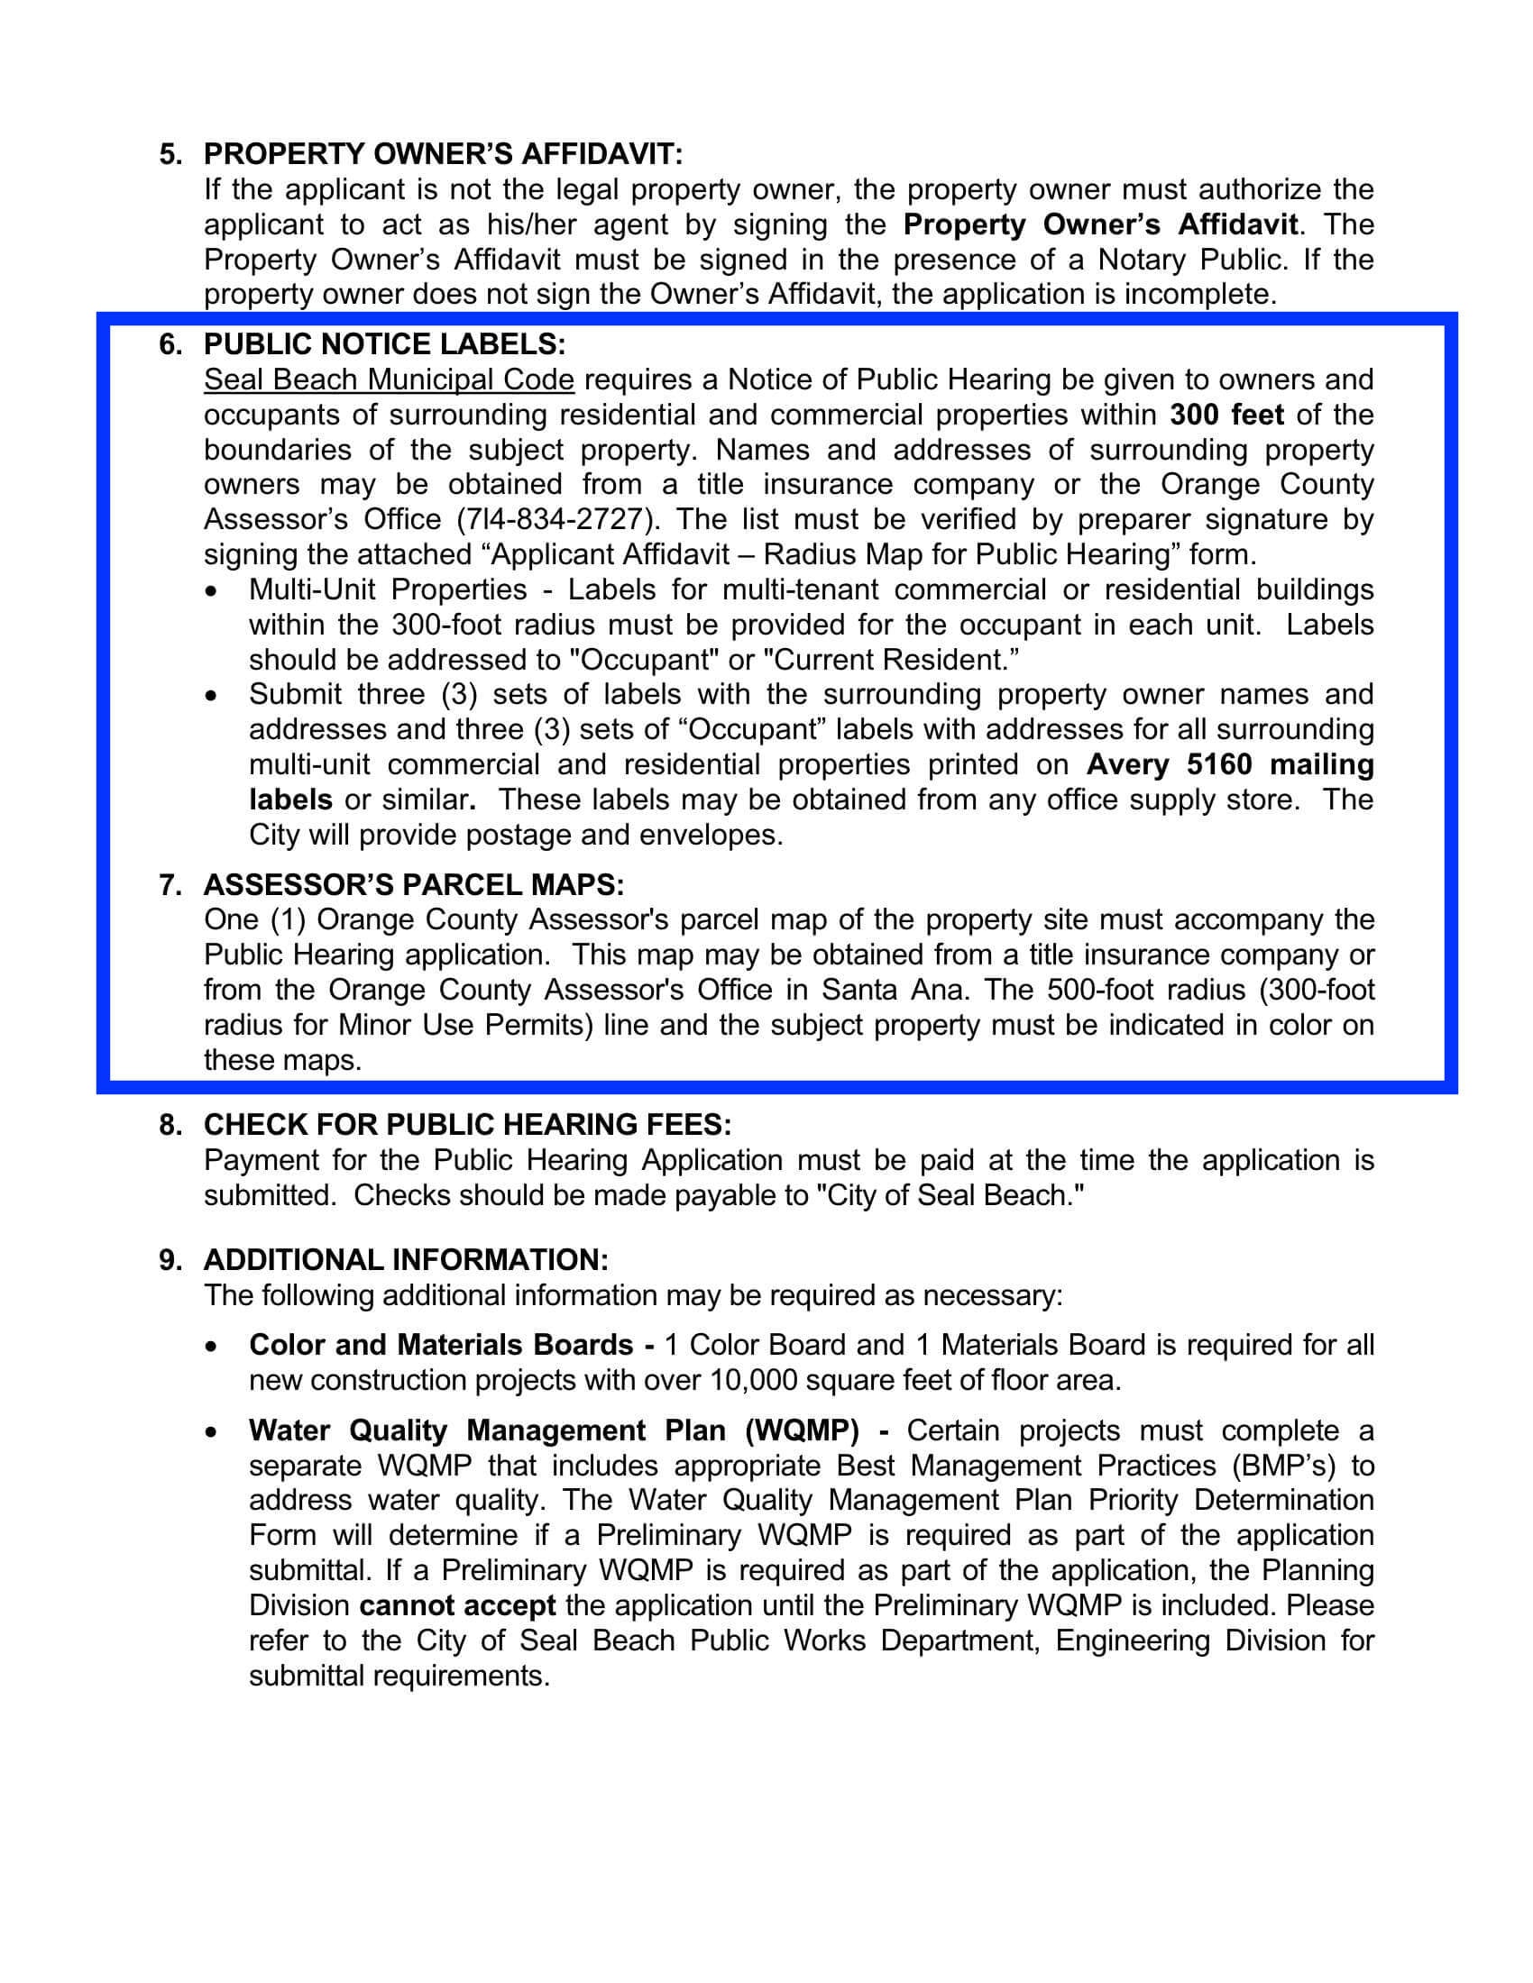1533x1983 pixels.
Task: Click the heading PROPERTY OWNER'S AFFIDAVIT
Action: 442,154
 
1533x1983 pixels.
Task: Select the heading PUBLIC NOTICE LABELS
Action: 384,344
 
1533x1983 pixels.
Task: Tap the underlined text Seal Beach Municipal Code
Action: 389,379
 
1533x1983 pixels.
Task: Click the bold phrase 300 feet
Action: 1226,415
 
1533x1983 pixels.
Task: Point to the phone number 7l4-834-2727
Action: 555,519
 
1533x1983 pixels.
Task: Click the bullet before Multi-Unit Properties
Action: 212,591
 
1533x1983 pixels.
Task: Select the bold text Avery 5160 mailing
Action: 1230,764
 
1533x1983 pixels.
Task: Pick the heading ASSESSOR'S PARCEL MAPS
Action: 413,884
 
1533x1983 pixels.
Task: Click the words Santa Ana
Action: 894,990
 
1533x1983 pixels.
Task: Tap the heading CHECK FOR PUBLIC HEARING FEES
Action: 467,1125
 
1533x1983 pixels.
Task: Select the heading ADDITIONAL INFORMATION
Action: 406,1260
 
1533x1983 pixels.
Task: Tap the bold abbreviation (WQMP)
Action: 801,1431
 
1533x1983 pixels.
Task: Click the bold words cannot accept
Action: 458,1605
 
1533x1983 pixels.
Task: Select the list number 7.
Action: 170,884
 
